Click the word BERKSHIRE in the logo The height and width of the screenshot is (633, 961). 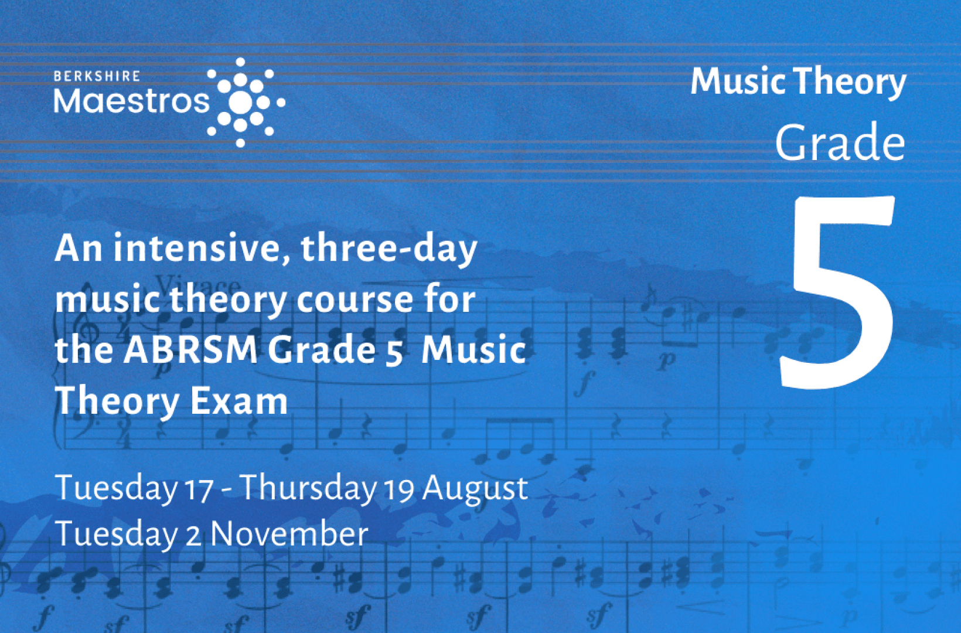coord(97,76)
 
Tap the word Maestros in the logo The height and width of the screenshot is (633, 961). coord(132,102)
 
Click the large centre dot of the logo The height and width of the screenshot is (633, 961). coord(240,102)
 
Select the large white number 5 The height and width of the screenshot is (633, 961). coord(837,292)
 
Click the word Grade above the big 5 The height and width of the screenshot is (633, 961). coord(840,142)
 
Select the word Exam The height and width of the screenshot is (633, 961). coord(239,401)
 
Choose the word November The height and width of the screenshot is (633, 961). coord(289,535)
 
